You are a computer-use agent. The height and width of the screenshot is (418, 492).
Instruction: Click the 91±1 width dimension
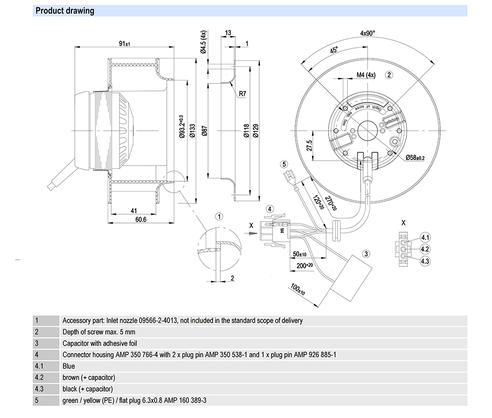(124, 44)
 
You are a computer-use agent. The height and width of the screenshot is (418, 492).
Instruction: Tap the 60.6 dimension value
(141, 220)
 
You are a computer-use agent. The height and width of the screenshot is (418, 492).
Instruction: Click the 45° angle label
(334, 52)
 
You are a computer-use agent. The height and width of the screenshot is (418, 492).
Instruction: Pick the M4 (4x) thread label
(366, 75)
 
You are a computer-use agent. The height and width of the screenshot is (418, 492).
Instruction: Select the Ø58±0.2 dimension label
(415, 158)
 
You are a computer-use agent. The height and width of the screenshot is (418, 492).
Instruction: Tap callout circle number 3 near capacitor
(366, 254)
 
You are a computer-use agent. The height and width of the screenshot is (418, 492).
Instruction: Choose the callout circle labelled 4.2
(425, 249)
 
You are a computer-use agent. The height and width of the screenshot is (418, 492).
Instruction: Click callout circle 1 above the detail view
(220, 217)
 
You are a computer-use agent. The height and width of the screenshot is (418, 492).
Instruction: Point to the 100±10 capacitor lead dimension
(297, 289)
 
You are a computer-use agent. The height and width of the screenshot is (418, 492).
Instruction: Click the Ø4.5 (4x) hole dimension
(203, 41)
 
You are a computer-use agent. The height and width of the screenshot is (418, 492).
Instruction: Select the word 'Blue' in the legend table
(69, 366)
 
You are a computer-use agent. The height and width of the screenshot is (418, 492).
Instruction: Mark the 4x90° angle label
(368, 33)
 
